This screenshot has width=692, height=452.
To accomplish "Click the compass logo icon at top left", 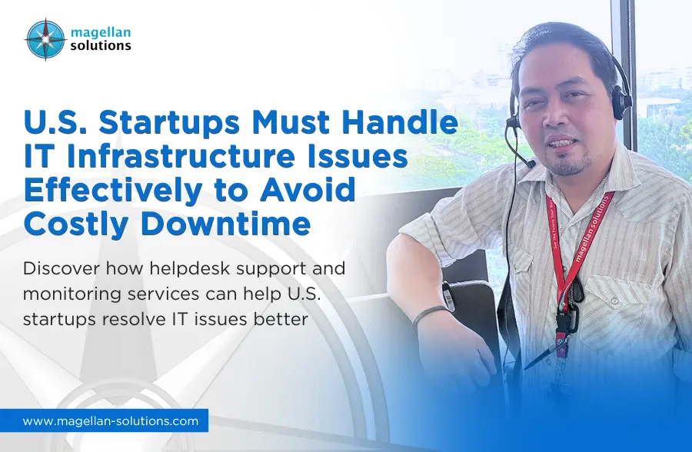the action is [45, 39].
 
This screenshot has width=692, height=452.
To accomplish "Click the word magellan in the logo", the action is [101, 32].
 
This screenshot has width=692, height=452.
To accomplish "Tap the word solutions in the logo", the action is [101, 45].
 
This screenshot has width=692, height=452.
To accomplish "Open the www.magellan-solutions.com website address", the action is [110, 421].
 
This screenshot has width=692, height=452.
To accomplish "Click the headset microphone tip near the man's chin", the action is [531, 165].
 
